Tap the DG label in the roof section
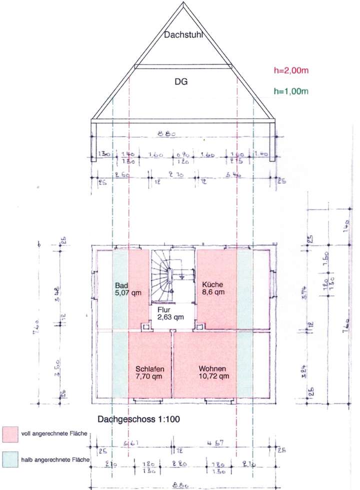[x=180, y=82]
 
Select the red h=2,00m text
[x=291, y=71]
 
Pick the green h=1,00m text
[x=291, y=91]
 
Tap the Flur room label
[x=163, y=310]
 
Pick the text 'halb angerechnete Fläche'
[x=55, y=458]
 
